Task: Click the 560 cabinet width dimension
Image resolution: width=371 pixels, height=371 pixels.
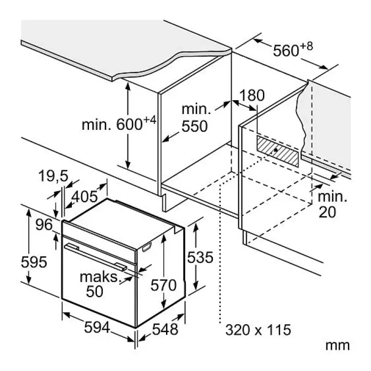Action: coord(286,51)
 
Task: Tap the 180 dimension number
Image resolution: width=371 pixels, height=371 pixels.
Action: coord(252,95)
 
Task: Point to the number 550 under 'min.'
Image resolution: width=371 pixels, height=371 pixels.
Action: coord(194,126)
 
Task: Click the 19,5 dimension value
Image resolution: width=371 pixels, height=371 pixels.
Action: coord(53,176)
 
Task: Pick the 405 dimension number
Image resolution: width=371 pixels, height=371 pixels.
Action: coord(84,196)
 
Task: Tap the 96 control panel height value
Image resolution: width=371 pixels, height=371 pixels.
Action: coord(44,224)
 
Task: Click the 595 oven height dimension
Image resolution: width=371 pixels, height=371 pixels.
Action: coord(34,262)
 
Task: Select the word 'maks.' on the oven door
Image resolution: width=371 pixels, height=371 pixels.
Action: coord(99,277)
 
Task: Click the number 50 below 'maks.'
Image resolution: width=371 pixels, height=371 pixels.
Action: coord(95,291)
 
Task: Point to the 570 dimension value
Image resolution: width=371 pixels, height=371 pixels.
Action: coord(164,285)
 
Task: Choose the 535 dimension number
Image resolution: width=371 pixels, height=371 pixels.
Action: coord(200,257)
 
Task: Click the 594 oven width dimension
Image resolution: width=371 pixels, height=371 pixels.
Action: coord(97,327)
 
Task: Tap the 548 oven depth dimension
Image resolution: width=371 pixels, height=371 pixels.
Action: coord(165,329)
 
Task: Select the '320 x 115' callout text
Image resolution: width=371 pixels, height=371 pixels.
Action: coord(258,330)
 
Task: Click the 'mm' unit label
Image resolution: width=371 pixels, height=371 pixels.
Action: coord(338,345)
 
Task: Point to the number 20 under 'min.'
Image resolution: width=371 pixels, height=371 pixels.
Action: coord(327,212)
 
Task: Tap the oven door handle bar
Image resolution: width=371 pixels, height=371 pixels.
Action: coord(96,257)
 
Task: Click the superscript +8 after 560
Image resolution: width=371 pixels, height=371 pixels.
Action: coord(307,46)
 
